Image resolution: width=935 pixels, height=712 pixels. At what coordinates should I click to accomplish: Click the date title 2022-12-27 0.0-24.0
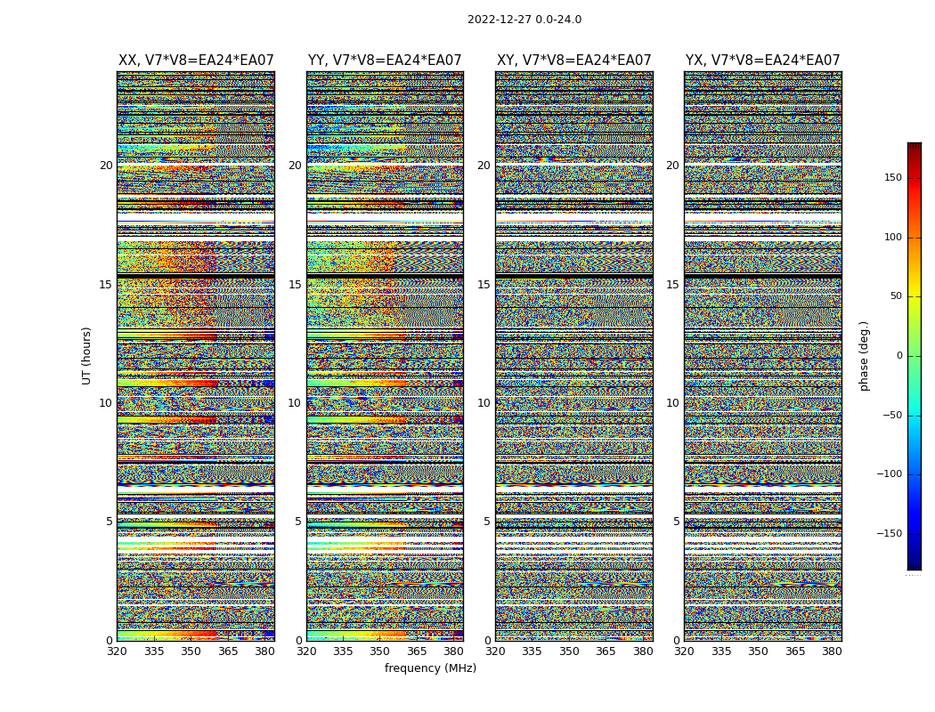[524, 20]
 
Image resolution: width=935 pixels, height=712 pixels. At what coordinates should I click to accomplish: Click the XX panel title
[196, 61]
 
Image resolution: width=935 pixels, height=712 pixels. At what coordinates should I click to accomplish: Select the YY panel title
[385, 61]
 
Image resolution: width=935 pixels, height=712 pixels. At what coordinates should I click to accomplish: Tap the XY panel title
[574, 61]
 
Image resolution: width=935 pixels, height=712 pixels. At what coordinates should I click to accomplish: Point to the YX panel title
[763, 61]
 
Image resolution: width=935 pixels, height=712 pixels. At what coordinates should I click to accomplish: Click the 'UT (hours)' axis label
[86, 355]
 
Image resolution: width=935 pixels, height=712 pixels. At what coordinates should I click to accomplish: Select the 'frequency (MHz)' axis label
[430, 668]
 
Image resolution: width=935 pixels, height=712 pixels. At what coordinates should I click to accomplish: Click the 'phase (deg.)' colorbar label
[864, 355]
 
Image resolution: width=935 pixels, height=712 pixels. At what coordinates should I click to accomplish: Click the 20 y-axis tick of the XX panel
[106, 166]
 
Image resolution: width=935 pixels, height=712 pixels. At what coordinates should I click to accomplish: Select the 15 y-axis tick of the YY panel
[295, 285]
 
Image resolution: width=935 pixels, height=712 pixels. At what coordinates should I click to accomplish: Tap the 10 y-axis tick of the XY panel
[484, 403]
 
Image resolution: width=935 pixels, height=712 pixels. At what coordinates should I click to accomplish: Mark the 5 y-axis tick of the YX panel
[676, 522]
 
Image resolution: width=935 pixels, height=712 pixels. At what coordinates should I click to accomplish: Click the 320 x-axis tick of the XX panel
[117, 651]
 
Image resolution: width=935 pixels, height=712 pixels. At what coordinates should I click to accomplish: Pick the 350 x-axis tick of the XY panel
[569, 651]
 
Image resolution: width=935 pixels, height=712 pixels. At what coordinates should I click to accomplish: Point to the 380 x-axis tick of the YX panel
[832, 651]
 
